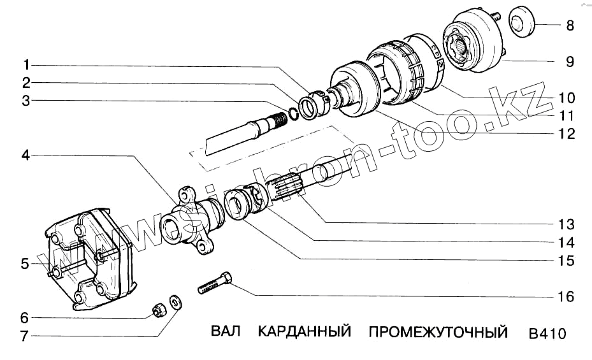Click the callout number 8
coord(570,26)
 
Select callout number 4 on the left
coord(25,154)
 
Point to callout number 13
coord(567,225)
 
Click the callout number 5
coord(25,264)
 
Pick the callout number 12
coord(567,134)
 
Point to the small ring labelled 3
coord(292,113)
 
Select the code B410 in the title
coord(547,333)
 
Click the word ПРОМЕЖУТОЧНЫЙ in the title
coord(438,332)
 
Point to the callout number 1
coord(26,65)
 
